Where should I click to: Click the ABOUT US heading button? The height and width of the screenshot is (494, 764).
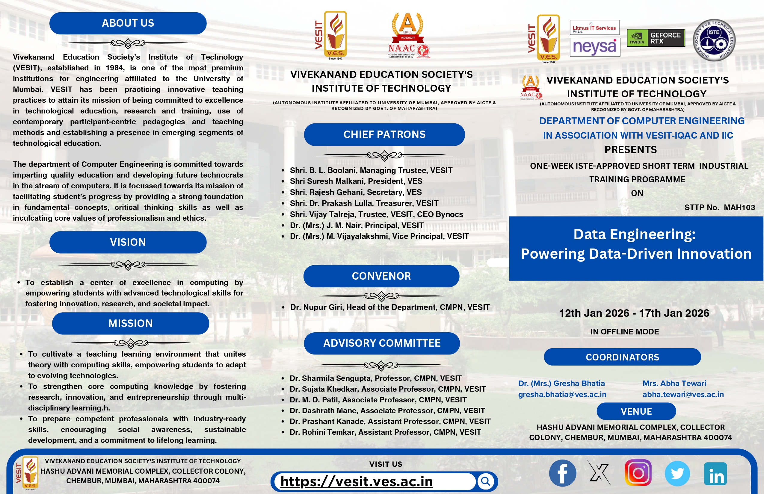coord(128,23)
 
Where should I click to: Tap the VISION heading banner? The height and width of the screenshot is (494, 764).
coord(128,242)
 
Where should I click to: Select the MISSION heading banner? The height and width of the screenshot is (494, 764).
coord(130,323)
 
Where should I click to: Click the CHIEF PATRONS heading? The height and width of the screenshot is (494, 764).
coord(384,134)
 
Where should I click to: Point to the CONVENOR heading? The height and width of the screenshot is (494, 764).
coord(381,276)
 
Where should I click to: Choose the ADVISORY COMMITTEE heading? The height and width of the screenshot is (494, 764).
coord(382,343)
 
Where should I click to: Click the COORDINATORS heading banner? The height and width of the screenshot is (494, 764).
coord(622,357)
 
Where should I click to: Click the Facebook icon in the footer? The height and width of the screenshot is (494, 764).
coord(562,473)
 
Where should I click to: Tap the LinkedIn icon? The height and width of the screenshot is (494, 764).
coord(715,474)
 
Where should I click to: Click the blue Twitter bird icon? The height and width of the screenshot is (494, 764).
coord(677,473)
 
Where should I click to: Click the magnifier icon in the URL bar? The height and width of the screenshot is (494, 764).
coord(485,481)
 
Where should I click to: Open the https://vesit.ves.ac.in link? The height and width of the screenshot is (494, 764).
coord(356,481)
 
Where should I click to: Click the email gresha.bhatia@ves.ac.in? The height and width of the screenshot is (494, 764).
coord(562,394)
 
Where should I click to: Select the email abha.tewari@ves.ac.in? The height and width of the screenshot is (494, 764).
coord(683,394)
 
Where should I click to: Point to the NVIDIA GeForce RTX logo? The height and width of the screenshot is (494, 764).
coord(656,38)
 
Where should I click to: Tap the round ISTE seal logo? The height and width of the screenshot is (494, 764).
coord(714,40)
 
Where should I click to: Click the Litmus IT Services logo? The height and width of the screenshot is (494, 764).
coord(594,28)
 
